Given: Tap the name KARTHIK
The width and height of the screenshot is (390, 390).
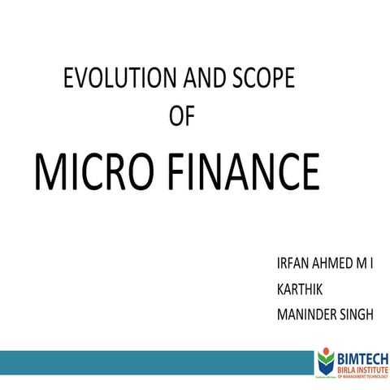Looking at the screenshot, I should click(x=299, y=289).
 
